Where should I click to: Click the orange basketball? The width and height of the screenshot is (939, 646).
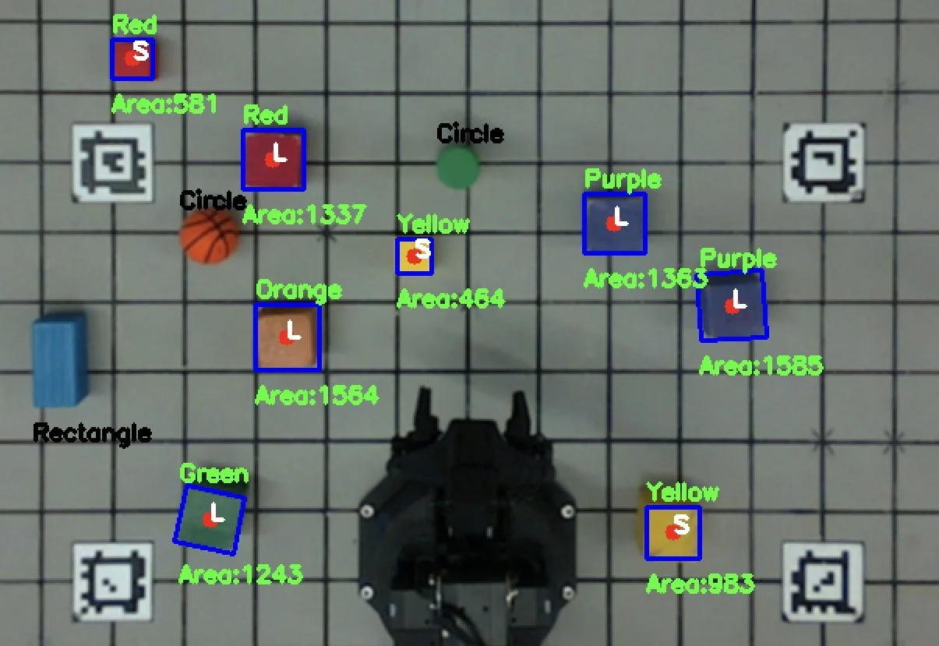coord(209,236)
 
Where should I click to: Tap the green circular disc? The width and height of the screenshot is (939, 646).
coord(457,168)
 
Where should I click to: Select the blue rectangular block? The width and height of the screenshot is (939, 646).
coord(59,360)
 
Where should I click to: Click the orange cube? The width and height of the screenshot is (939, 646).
coord(288,337)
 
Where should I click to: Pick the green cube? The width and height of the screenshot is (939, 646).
coord(209,520)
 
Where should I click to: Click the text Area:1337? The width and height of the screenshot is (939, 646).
coord(304,214)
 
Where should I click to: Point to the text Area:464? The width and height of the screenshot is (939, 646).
coord(450,298)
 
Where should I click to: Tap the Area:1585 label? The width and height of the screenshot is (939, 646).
coord(761,365)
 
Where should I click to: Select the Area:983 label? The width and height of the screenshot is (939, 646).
coord(700,584)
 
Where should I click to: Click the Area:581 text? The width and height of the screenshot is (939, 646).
coord(164,104)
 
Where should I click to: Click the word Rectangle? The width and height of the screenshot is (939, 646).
coord(92,433)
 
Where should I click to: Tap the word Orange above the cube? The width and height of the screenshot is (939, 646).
coord(298,291)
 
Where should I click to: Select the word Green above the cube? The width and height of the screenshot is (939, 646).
coord(214,474)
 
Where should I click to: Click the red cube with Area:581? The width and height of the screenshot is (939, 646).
coord(132,58)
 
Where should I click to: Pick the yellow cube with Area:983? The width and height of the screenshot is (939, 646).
coord(672,532)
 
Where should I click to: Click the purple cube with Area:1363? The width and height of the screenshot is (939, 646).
coord(615,224)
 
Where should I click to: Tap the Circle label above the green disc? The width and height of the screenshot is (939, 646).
coord(469,134)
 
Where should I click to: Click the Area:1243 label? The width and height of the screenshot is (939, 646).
coord(240,575)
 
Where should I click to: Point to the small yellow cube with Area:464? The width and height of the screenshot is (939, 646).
coord(414,256)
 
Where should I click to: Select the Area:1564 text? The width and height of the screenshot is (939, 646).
coord(316,395)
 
